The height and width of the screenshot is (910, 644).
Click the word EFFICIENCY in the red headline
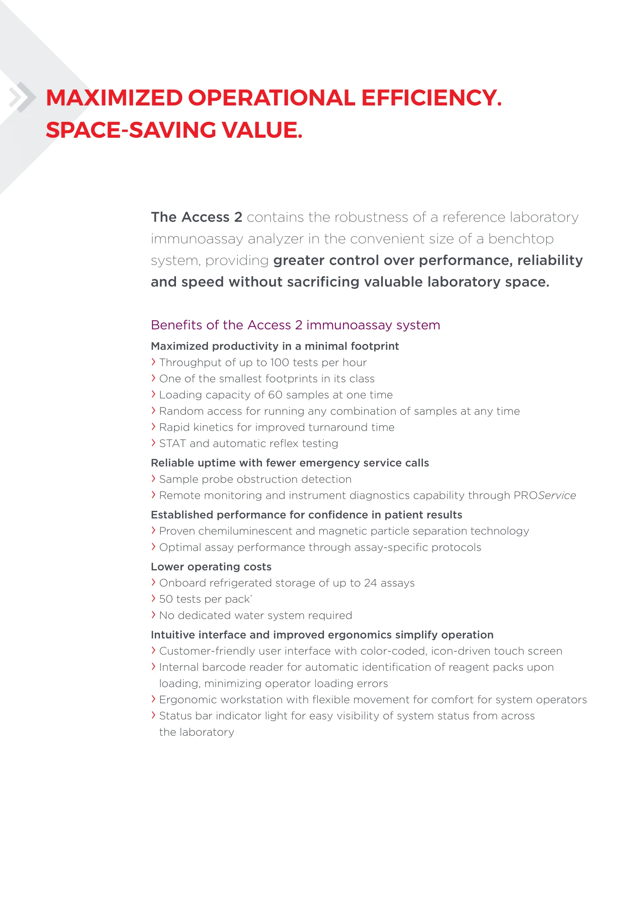(x=431, y=98)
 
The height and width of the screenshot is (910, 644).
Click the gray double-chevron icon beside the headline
(x=22, y=97)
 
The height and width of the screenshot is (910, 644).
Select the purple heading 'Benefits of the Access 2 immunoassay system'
(x=296, y=325)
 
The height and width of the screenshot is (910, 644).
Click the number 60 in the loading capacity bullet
(x=275, y=395)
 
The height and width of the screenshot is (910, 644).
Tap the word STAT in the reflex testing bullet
(x=172, y=444)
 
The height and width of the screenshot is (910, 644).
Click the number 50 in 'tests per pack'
(x=166, y=599)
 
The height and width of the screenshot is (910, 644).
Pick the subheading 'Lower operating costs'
(x=211, y=567)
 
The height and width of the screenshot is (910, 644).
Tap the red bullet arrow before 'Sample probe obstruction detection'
(x=153, y=479)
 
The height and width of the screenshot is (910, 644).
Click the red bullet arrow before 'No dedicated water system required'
(x=153, y=615)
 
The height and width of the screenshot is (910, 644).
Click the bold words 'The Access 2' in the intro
(x=196, y=217)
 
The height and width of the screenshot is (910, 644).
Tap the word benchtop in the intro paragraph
(x=521, y=239)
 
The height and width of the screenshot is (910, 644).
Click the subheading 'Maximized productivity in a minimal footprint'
(x=275, y=346)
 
